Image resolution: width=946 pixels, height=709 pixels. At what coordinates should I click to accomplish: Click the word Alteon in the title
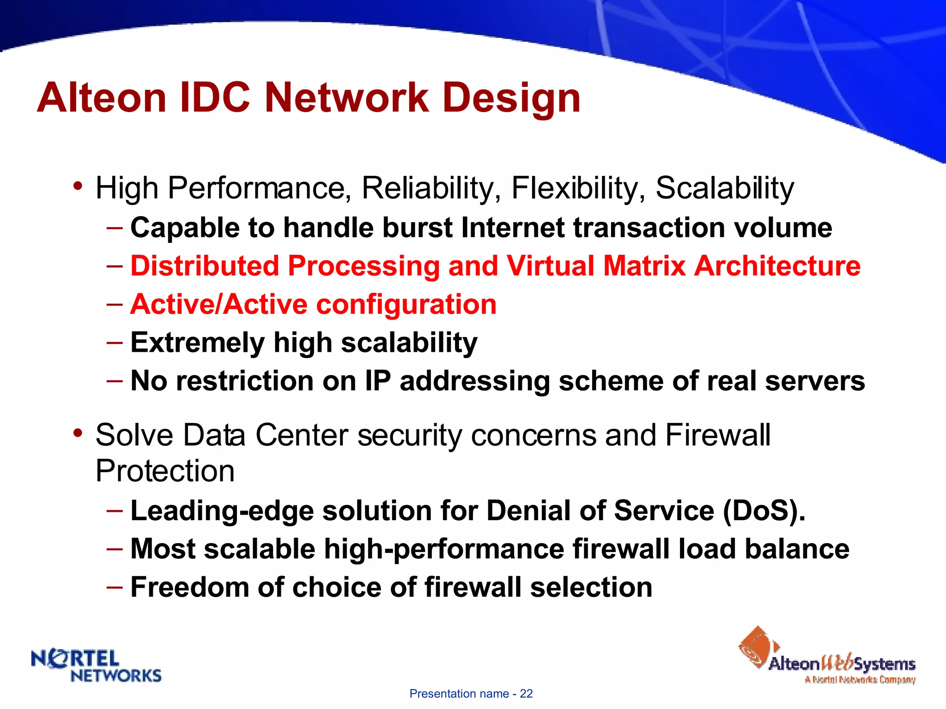tap(102, 98)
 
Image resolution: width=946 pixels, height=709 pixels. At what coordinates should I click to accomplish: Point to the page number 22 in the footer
tap(526, 694)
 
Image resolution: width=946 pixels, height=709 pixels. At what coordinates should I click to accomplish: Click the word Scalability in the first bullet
tap(724, 188)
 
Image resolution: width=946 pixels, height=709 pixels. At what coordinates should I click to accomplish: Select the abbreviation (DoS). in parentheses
tap(764, 511)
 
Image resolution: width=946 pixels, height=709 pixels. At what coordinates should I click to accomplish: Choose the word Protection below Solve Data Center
tap(165, 471)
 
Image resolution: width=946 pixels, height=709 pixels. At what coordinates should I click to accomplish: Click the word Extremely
tap(198, 343)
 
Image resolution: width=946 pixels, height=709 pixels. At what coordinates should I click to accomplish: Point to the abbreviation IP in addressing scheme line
tap(378, 381)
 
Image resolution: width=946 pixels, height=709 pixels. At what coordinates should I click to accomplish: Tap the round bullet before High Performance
tap(78, 186)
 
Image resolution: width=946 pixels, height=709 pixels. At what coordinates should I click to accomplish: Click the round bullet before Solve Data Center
tap(78, 433)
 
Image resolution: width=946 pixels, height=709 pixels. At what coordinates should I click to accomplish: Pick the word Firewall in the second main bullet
tap(718, 435)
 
